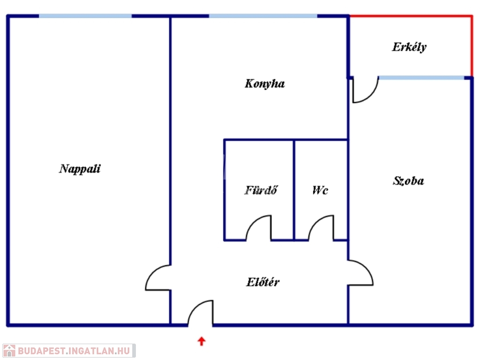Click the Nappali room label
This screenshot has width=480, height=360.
pyautogui.click(x=80, y=169)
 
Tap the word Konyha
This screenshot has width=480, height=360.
pyautogui.click(x=264, y=84)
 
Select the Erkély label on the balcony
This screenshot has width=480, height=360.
pyautogui.click(x=409, y=47)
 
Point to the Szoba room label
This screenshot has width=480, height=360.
pyautogui.click(x=408, y=181)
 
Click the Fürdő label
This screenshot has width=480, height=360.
pyautogui.click(x=261, y=190)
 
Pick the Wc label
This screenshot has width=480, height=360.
pyautogui.click(x=320, y=190)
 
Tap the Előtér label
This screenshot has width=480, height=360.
pyautogui.click(x=263, y=282)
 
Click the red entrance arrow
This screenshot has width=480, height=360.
pyautogui.click(x=202, y=341)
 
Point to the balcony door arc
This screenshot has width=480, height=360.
pyautogui.click(x=366, y=90)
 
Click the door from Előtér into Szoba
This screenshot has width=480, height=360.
pyautogui.click(x=360, y=272)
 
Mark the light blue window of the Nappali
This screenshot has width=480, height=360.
pyautogui.click(x=85, y=16)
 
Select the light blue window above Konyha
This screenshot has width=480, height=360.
pyautogui.click(x=263, y=16)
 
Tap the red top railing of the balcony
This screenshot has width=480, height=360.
pyautogui.click(x=411, y=16)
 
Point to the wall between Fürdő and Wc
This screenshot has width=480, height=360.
pyautogui.click(x=294, y=189)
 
